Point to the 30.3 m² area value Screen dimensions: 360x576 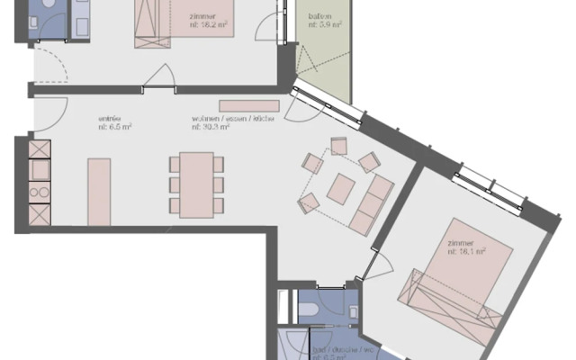[x=211, y=129]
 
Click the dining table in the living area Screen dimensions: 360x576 [x=196, y=184]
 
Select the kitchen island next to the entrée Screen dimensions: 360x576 [x=99, y=192]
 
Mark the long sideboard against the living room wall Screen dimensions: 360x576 [x=249, y=106]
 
